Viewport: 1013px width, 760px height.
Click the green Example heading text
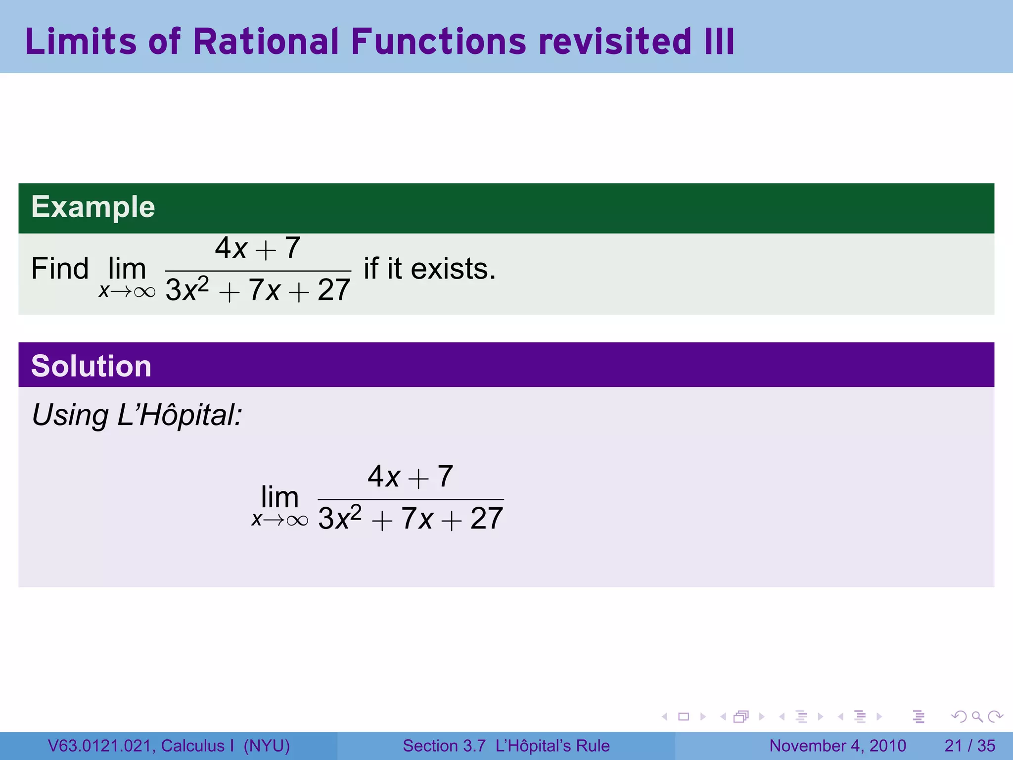click(93, 207)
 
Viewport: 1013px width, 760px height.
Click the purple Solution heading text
click(91, 366)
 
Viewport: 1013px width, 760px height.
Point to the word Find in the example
click(60, 269)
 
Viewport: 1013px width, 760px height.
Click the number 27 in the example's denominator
click(334, 290)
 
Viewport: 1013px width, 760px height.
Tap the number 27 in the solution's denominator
click(487, 519)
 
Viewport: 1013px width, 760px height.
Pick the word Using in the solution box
click(70, 415)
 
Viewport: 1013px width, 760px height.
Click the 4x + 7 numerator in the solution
click(410, 476)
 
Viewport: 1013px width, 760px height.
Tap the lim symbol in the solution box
click(279, 497)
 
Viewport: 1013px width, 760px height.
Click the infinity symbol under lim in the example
click(144, 292)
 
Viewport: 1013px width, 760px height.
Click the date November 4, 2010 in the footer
click(837, 746)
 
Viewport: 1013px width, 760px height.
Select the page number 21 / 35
click(969, 746)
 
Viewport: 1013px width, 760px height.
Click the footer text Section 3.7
click(444, 746)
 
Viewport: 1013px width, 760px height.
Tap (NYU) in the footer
click(267, 746)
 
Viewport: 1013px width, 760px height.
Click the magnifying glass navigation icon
click(977, 716)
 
